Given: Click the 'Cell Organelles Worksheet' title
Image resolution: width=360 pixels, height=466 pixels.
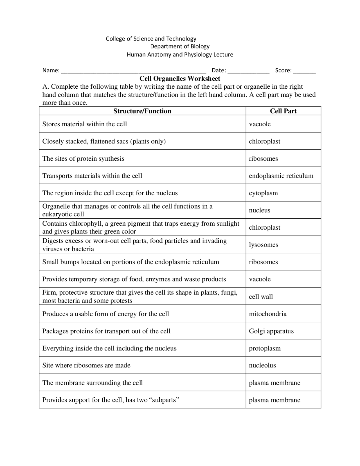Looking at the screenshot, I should tap(180, 79).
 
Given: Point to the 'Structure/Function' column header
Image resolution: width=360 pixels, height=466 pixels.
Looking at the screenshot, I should tap(142, 111).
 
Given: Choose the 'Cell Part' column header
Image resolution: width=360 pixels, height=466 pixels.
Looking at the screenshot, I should tap(283, 111).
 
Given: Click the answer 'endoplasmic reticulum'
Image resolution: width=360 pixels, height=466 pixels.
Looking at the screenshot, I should tap(281, 176).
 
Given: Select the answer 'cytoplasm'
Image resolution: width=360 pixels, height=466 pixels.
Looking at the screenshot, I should tap(263, 193).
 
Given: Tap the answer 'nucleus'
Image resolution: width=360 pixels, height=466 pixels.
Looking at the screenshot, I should tap(260, 210).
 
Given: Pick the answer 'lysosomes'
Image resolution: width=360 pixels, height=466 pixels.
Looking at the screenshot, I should tap(264, 245).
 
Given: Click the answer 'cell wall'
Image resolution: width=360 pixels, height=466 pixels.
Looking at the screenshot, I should tap(261, 297).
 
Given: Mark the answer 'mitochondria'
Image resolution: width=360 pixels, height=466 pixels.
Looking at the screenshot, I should tap(268, 314).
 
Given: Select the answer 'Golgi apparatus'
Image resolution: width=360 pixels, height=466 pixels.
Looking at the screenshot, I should tap(271, 331).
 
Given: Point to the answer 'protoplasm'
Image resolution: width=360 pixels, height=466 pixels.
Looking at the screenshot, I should tap(265, 348).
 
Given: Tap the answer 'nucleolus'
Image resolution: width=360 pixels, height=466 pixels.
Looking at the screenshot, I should tap(262, 365).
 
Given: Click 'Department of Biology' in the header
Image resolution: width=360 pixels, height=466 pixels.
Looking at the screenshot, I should tap(180, 46).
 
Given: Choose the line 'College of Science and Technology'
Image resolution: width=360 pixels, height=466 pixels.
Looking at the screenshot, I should tap(151, 39).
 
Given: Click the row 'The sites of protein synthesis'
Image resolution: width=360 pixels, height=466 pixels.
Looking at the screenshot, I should tap(83, 159).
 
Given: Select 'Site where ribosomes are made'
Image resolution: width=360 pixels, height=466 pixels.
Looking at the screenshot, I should tap(86, 365).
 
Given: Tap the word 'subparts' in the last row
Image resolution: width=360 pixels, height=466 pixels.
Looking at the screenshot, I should tap(164, 400).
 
